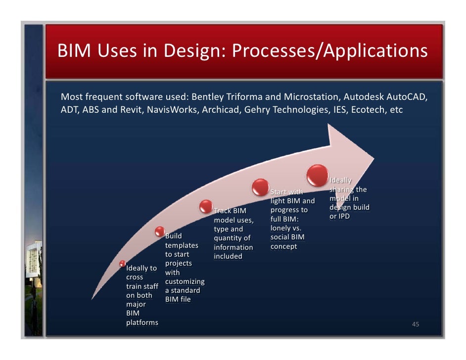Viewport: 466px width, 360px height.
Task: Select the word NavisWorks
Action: click(x=173, y=109)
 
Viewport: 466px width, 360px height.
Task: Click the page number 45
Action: click(x=416, y=324)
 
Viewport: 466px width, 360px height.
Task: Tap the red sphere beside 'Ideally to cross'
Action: click(x=123, y=263)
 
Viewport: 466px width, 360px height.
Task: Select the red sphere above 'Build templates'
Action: click(x=159, y=230)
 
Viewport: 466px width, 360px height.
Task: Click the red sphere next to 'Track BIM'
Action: click(x=206, y=206)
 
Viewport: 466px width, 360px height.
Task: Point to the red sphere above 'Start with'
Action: click(x=260, y=187)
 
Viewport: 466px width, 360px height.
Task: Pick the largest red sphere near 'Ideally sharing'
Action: click(x=317, y=175)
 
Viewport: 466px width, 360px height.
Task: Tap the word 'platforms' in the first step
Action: click(x=142, y=322)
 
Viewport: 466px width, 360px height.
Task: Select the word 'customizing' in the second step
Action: click(x=185, y=281)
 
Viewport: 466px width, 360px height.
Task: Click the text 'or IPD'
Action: click(x=340, y=217)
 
